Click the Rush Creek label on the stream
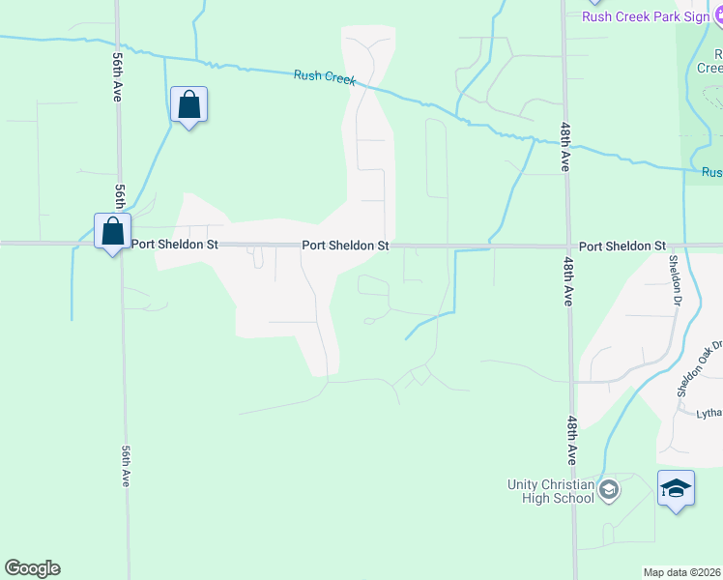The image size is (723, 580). pyautogui.click(x=325, y=76)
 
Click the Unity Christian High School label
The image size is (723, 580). pyautogui.click(x=551, y=491)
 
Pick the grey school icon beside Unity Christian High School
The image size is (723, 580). pyautogui.click(x=609, y=490)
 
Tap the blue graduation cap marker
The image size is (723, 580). pyautogui.click(x=676, y=487)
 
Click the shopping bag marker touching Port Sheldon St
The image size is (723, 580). pyautogui.click(x=113, y=232)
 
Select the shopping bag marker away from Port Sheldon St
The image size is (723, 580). pyautogui.click(x=189, y=104)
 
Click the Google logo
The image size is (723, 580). pyautogui.click(x=32, y=568)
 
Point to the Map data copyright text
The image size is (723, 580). pyautogui.click(x=682, y=572)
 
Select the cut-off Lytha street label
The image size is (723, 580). pyautogui.click(x=709, y=414)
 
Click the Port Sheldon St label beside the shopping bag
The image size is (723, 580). pyautogui.click(x=174, y=246)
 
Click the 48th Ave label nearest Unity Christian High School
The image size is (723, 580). pyautogui.click(x=573, y=439)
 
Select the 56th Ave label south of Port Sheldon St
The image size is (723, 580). pyautogui.click(x=126, y=466)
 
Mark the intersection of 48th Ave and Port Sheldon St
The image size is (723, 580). pyautogui.click(x=569, y=246)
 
